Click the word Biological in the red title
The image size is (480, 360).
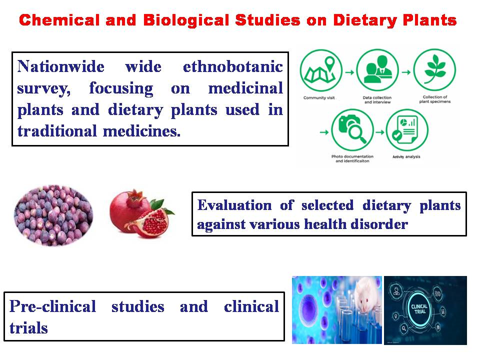pos(186,20)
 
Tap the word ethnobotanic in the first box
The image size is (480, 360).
pos(232,66)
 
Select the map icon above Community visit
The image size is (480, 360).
pos(321,70)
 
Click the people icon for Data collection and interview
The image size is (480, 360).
pos(378,70)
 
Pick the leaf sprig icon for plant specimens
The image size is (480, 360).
pos(434,70)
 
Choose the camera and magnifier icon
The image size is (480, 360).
pos(352,130)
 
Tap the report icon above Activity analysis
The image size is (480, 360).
pos(407,130)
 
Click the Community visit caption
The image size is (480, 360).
pos(319,98)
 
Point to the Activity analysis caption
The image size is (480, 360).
pos(406,156)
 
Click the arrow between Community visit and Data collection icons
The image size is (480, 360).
pos(349,72)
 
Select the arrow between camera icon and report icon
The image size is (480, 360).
pos(380,132)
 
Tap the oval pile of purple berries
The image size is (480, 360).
pos(53,215)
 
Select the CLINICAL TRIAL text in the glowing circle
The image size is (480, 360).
pos(419,309)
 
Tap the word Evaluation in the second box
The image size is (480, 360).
pos(234,205)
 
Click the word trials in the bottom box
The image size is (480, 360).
pos(28,328)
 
